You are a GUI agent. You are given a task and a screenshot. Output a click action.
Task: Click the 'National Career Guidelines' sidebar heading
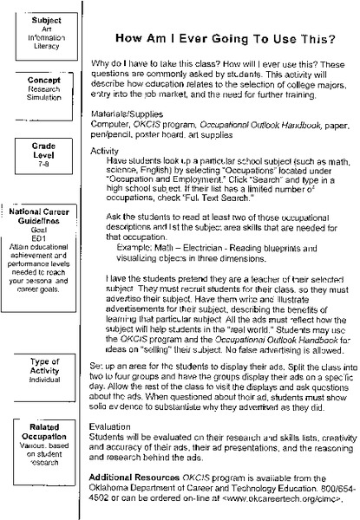[41, 218]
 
